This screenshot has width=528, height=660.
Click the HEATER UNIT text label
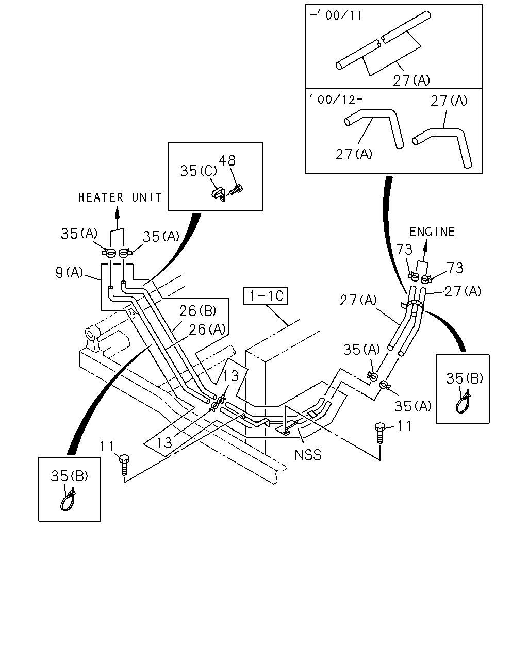(120, 197)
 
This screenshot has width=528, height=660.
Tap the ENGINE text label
(432, 232)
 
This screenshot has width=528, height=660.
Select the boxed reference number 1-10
(266, 295)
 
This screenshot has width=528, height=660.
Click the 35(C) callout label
(198, 171)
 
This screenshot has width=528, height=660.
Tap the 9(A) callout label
(69, 272)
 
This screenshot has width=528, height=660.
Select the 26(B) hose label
(197, 311)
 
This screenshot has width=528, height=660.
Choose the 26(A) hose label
(207, 329)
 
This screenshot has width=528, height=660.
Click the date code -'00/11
(336, 15)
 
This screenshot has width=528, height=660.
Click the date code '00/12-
(336, 100)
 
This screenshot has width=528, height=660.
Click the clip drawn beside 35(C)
(219, 194)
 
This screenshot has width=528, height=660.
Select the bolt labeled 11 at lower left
(124, 465)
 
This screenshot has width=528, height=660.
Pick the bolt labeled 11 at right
(380, 433)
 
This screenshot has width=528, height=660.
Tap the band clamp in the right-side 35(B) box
(463, 402)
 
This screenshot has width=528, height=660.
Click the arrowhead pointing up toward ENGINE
(425, 245)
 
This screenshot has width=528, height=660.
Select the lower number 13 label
(164, 442)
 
